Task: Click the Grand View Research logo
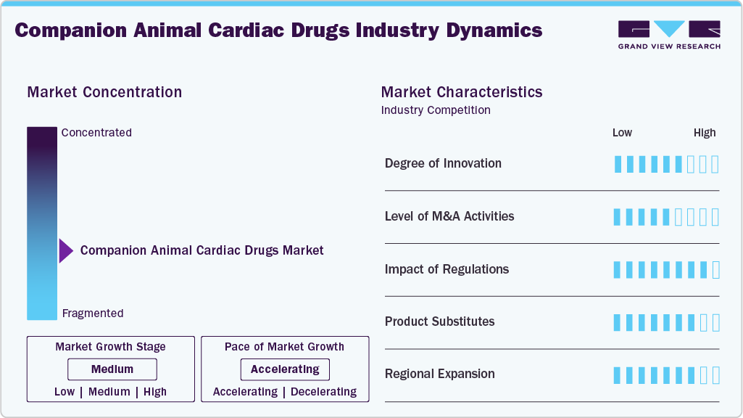point(669,34)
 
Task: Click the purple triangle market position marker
point(66,250)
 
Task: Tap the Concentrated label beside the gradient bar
point(96,133)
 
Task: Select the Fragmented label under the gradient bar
point(93,313)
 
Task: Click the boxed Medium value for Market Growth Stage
point(112,369)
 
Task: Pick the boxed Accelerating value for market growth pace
point(285,369)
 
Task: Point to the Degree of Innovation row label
point(443,163)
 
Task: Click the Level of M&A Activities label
point(449,216)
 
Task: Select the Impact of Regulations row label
point(447,269)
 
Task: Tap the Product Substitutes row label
point(439,321)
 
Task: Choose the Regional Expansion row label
point(439,374)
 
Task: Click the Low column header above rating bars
point(622,133)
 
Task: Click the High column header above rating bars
point(705,133)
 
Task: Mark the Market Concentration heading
point(104,92)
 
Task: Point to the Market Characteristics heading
point(462,92)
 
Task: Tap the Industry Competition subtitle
point(436,110)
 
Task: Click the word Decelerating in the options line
point(323,392)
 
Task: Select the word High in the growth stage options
point(155,392)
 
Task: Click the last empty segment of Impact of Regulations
point(715,270)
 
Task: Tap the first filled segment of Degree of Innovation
point(618,164)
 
